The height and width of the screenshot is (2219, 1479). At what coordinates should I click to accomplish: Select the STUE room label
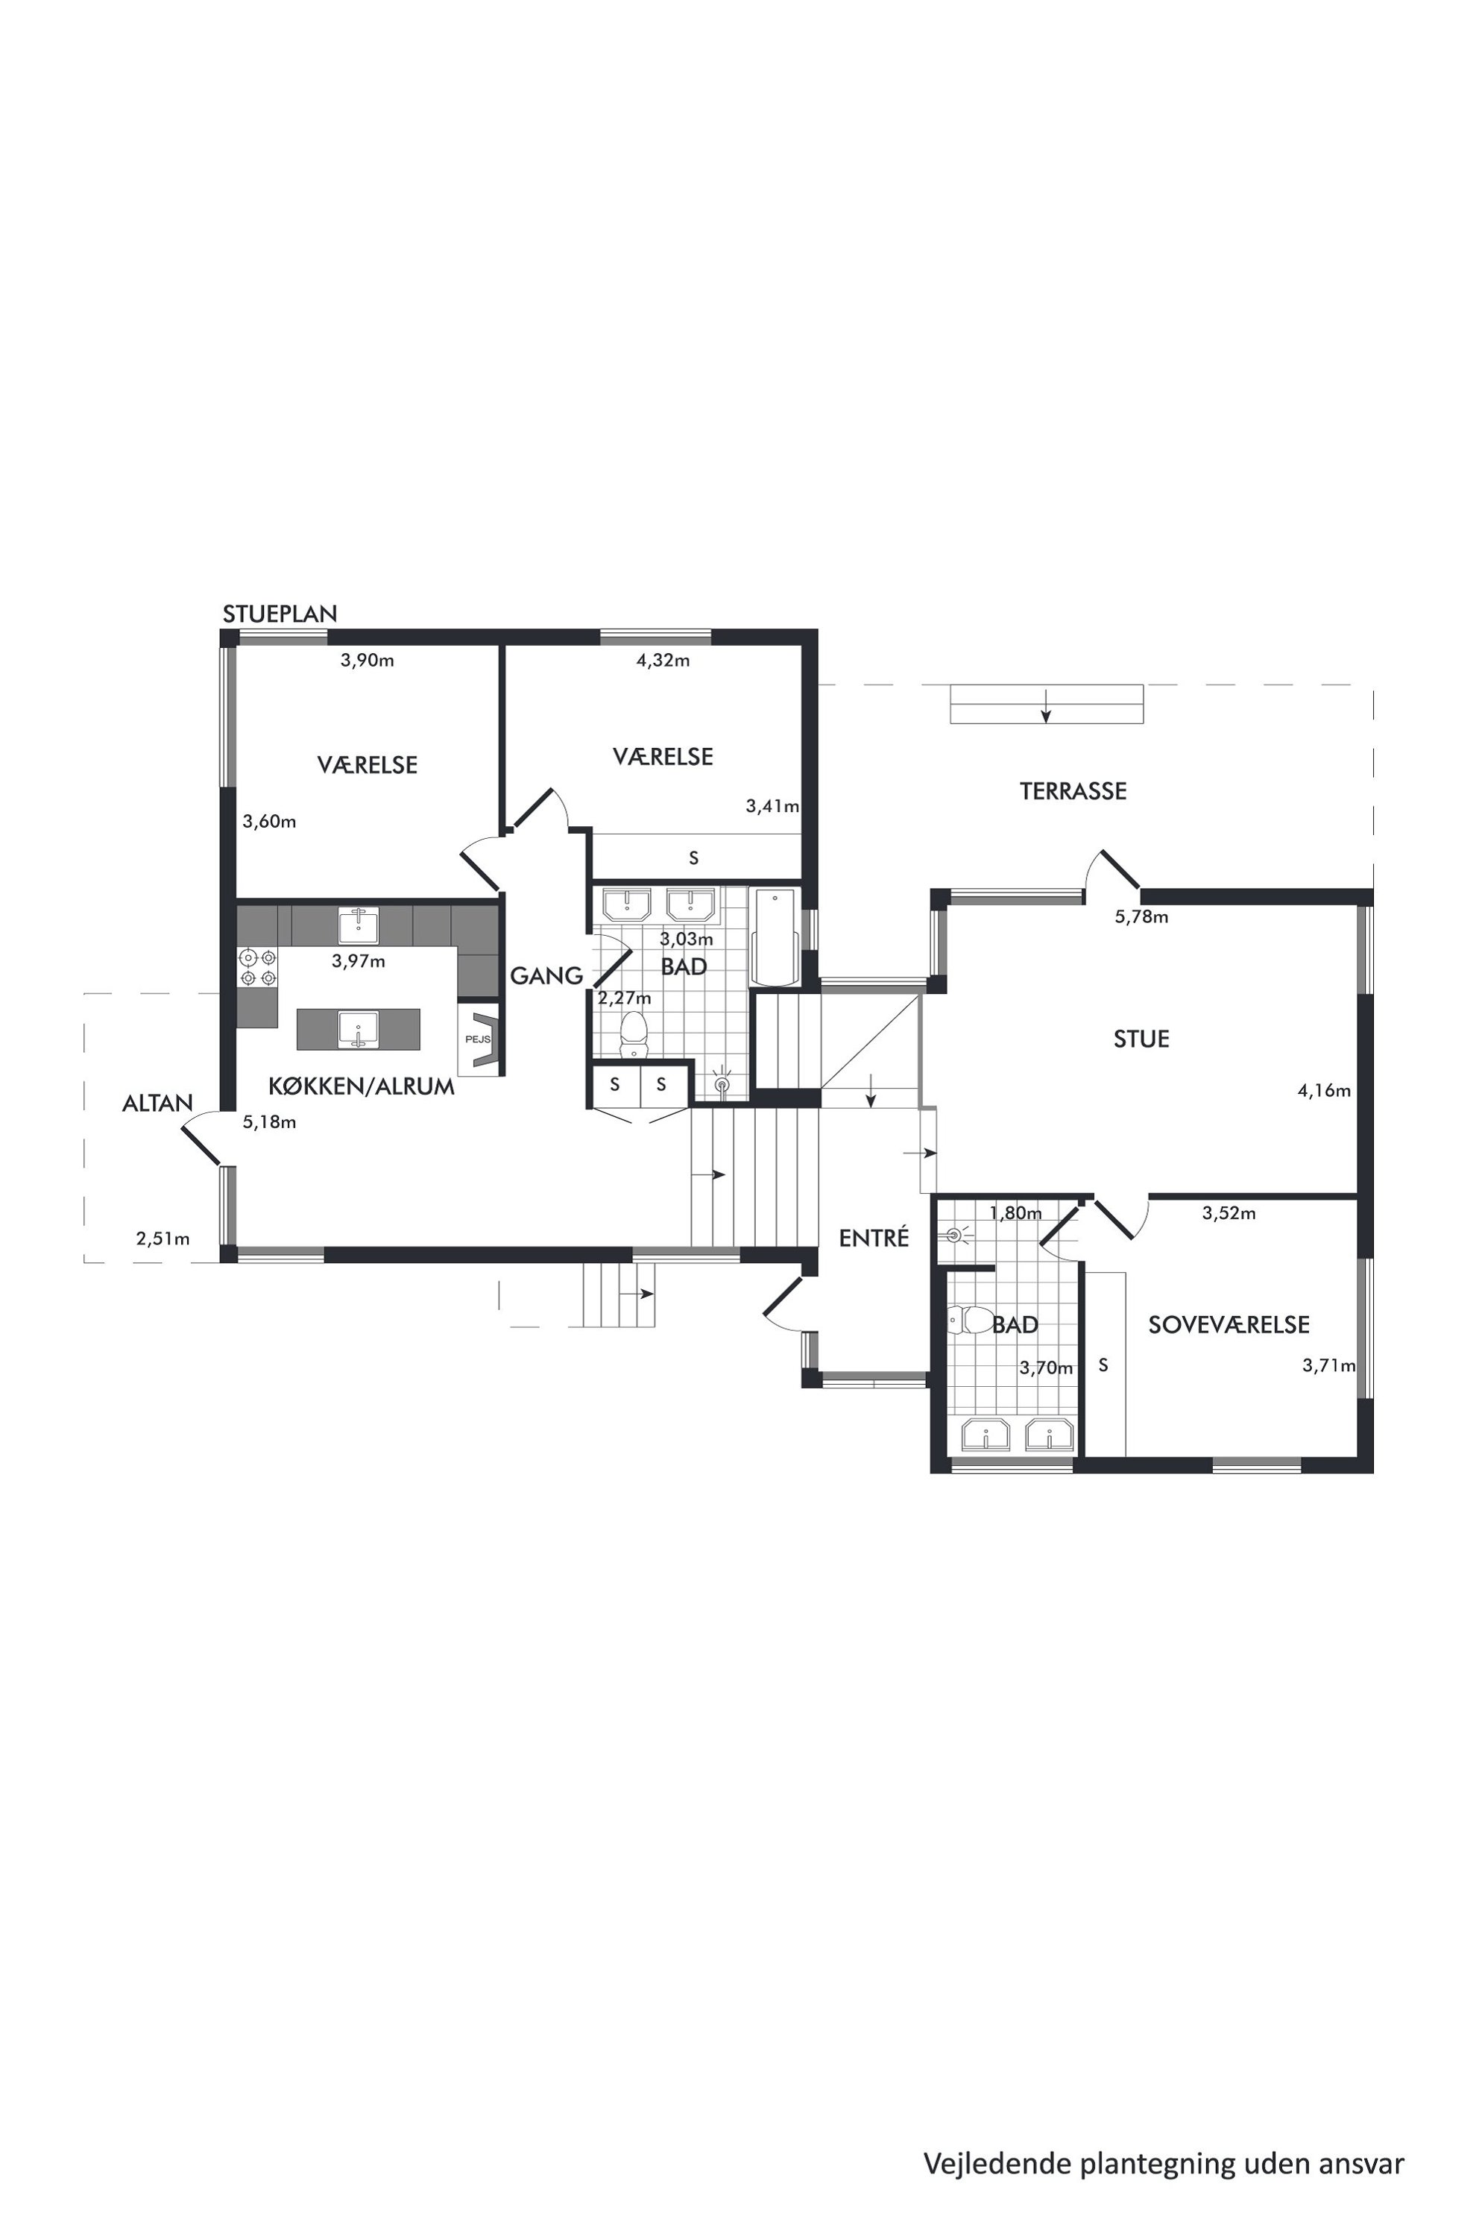pyautogui.click(x=1141, y=1039)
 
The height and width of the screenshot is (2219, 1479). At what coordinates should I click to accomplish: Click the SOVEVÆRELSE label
pyautogui.click(x=1229, y=1324)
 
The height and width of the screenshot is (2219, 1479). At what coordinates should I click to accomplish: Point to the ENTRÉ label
pyautogui.click(x=874, y=1238)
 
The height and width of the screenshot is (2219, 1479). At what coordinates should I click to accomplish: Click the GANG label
pyautogui.click(x=546, y=975)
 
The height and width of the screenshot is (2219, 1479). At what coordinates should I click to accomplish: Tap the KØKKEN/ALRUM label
pyautogui.click(x=362, y=1086)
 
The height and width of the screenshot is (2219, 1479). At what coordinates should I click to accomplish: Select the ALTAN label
pyautogui.click(x=157, y=1103)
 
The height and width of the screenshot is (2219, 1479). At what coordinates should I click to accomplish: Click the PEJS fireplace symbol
pyautogui.click(x=480, y=1039)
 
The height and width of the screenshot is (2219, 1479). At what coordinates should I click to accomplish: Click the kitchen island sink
pyautogui.click(x=359, y=1029)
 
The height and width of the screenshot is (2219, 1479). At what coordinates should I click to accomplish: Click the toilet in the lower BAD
pyautogui.click(x=968, y=1319)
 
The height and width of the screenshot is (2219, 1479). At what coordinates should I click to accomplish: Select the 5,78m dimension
pyautogui.click(x=1141, y=916)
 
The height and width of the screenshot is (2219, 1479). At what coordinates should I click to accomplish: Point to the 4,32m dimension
pyautogui.click(x=663, y=661)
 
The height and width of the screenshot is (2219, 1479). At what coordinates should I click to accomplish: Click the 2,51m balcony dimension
pyautogui.click(x=163, y=1238)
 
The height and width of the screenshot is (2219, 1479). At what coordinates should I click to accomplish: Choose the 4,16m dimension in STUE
pyautogui.click(x=1324, y=1091)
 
